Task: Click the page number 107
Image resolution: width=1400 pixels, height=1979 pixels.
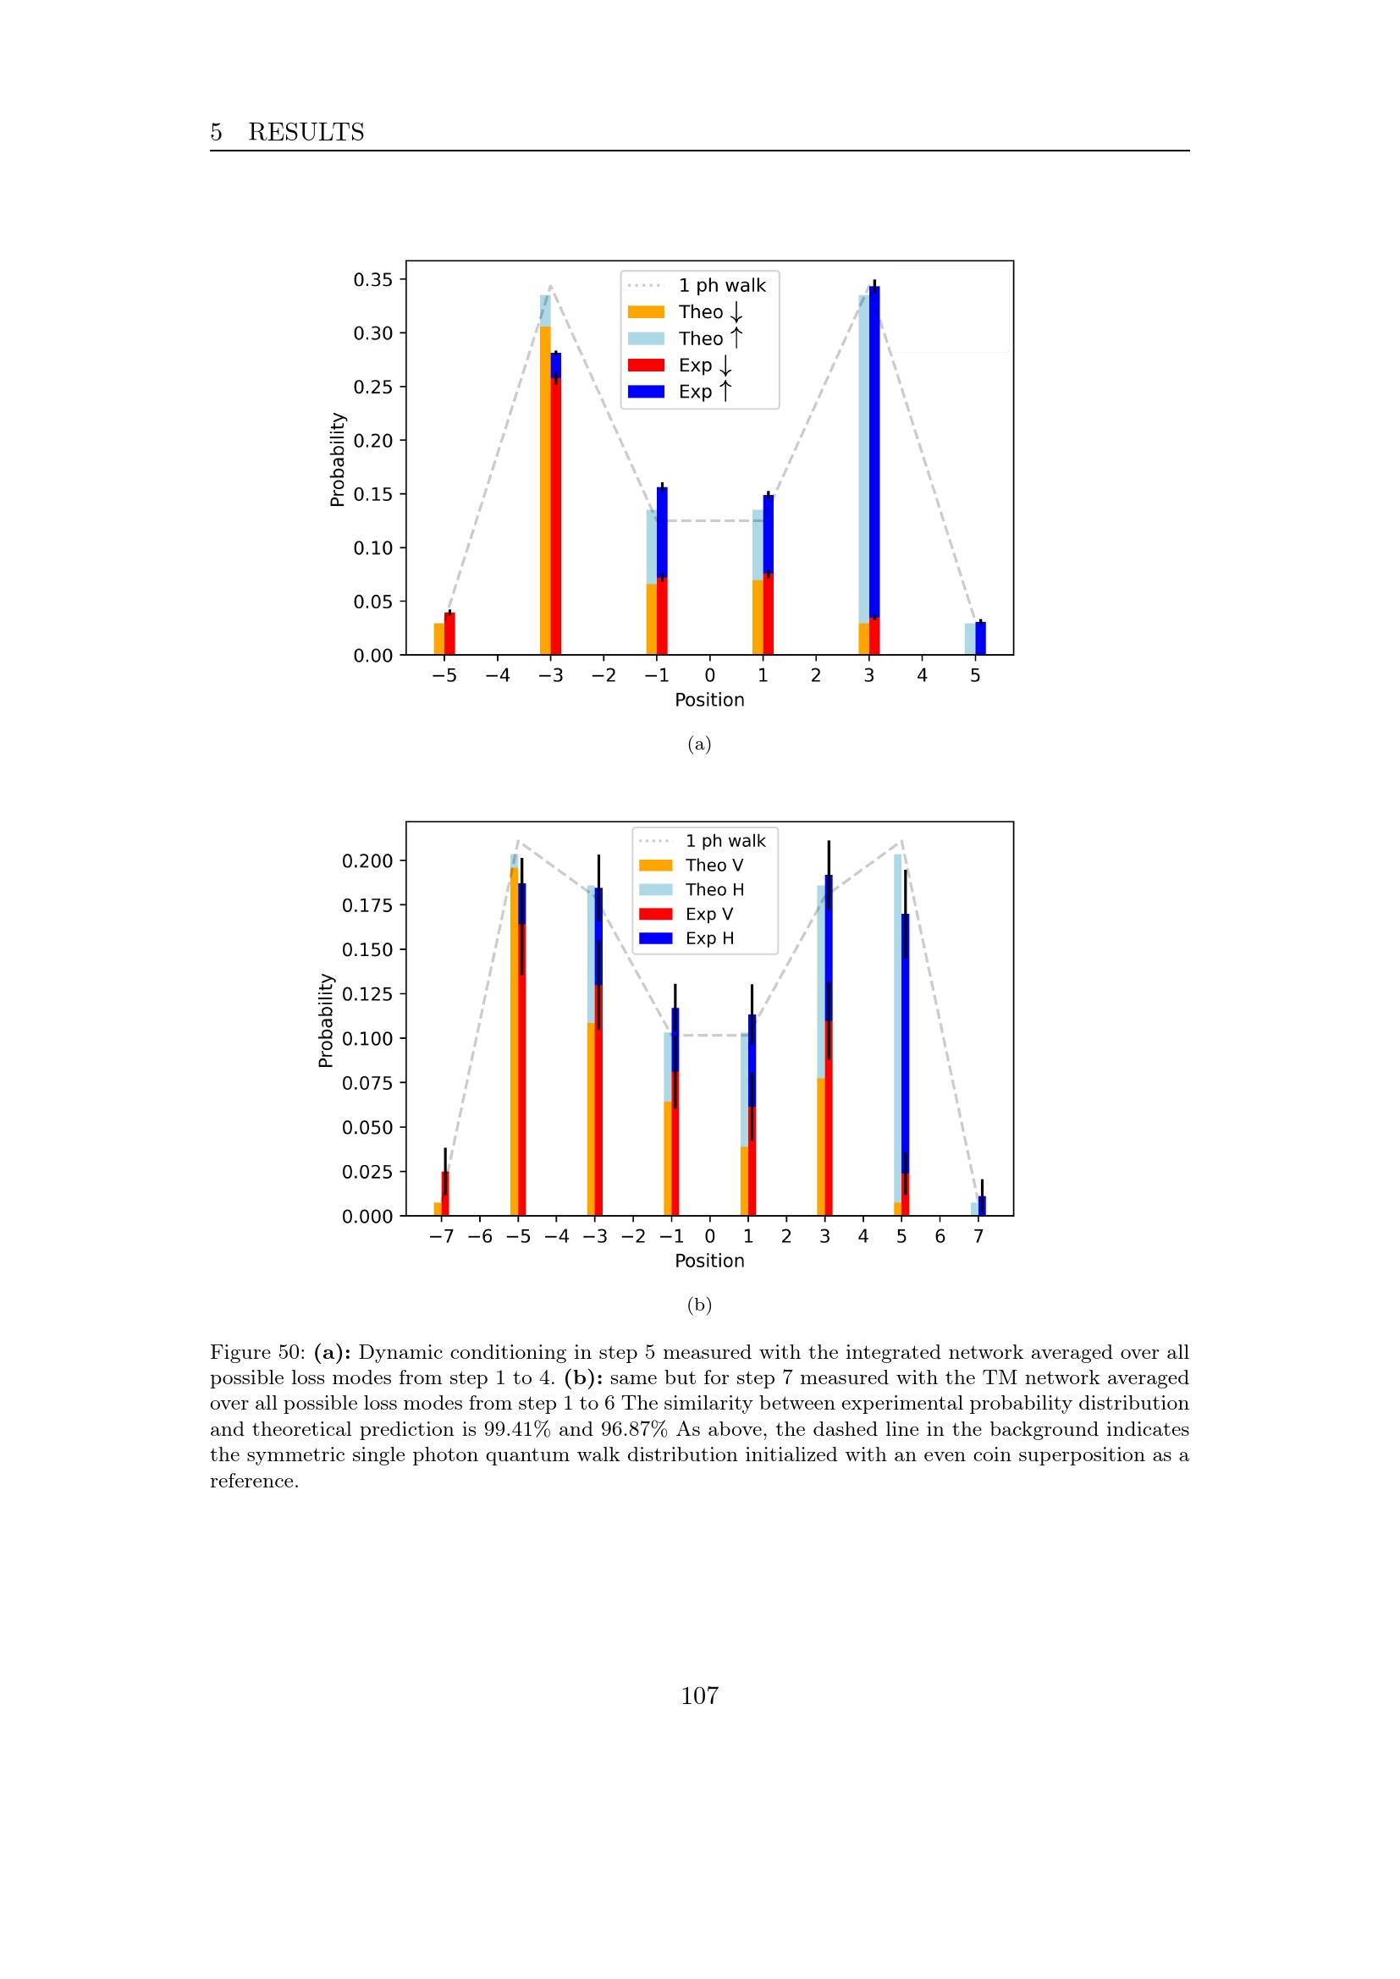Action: click(x=699, y=1696)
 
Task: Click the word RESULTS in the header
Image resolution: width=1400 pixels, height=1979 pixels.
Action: click(x=306, y=132)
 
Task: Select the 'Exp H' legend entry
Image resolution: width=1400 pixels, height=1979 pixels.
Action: click(x=708, y=937)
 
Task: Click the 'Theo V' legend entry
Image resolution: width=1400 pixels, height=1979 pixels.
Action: click(x=713, y=866)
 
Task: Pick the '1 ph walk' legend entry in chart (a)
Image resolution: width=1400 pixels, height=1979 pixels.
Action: click(x=720, y=285)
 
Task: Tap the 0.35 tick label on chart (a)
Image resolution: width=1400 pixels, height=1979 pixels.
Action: click(x=372, y=279)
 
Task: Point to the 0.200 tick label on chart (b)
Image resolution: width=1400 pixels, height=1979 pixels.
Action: click(x=367, y=861)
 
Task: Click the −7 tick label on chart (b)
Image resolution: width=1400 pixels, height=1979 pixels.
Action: click(x=441, y=1236)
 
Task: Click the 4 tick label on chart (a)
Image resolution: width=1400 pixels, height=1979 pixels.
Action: click(x=922, y=675)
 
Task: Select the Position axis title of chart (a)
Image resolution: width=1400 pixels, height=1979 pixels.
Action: click(x=709, y=700)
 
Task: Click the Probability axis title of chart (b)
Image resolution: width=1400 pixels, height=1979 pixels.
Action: click(x=326, y=1020)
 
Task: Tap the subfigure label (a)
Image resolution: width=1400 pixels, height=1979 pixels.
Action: click(x=699, y=744)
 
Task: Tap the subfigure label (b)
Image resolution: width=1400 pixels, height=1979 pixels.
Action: click(x=699, y=1304)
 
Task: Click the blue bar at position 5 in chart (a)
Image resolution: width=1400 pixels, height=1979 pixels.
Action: click(x=980, y=639)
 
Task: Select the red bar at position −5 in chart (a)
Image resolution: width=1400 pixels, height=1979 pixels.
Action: click(x=449, y=634)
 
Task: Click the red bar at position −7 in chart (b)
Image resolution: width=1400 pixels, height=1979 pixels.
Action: click(x=445, y=1196)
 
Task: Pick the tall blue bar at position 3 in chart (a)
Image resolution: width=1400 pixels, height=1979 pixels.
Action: click(x=874, y=448)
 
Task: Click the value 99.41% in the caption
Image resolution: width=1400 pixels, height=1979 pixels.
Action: click(x=516, y=1429)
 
